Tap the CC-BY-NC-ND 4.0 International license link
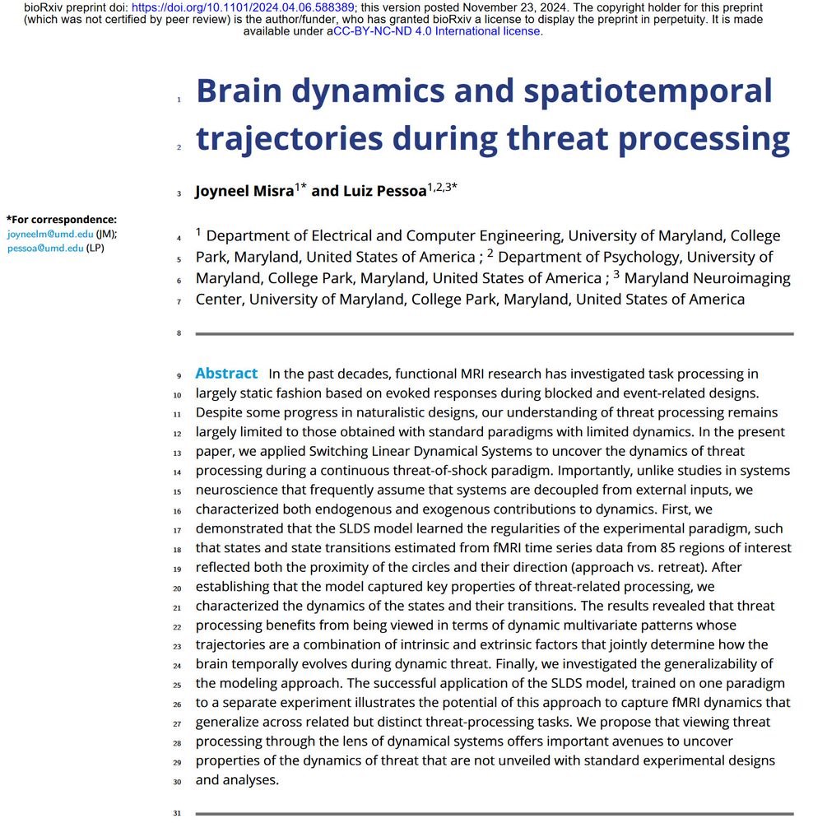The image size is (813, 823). [437, 31]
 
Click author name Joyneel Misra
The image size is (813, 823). [244, 191]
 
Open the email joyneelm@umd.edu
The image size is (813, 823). [49, 234]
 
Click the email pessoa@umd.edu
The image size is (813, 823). [45, 248]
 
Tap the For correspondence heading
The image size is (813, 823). [62, 220]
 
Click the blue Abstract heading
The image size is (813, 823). [226, 374]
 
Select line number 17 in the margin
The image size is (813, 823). [177, 530]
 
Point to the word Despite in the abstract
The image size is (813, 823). [221, 412]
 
